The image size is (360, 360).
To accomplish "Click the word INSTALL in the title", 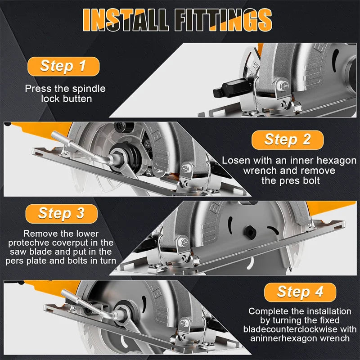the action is point(126,20).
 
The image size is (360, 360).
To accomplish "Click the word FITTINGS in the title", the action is point(223,20).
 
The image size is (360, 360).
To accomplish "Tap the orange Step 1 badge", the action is point(63,66).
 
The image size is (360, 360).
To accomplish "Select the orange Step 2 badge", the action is point(288,140).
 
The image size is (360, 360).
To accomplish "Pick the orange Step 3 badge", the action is point(62,213).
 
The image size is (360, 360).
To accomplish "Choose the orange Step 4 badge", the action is point(300,292).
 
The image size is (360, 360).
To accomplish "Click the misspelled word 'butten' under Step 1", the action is point(77,99).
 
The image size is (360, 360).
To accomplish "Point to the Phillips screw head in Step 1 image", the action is point(285,86).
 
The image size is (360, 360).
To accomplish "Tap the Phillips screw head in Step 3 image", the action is point(184,242).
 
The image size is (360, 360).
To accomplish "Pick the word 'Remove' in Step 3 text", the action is point(37,234).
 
